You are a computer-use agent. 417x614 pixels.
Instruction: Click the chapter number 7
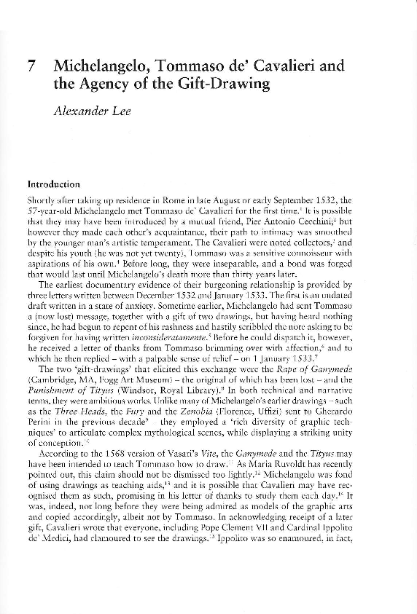click(x=31, y=66)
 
